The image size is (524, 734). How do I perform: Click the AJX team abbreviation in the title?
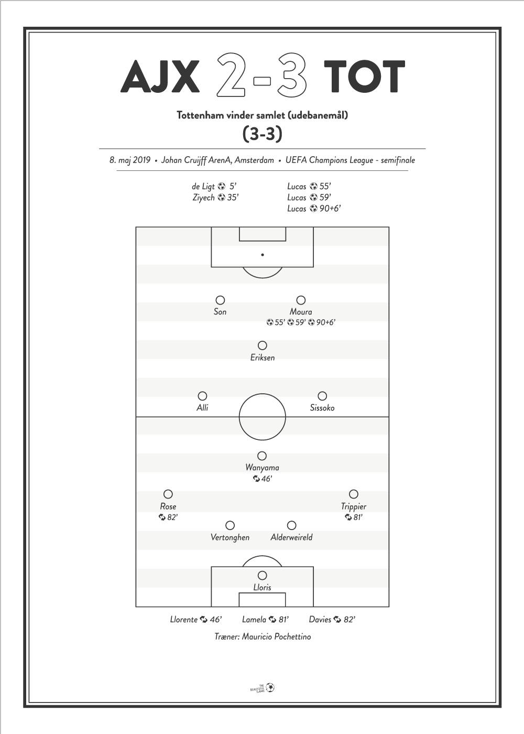(x=160, y=77)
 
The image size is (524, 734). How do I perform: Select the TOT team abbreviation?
(x=364, y=77)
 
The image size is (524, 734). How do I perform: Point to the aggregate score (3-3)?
(x=263, y=134)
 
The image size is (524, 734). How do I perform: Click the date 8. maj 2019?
(x=130, y=160)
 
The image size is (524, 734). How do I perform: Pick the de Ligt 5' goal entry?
(x=214, y=187)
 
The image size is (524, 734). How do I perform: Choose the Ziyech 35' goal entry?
(x=215, y=198)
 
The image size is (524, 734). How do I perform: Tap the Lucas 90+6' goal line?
(x=314, y=209)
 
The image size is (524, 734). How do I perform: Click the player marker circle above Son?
(x=220, y=300)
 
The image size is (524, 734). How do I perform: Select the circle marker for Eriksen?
(x=263, y=346)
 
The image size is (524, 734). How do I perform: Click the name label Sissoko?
(x=322, y=408)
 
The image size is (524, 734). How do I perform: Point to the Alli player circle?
(x=202, y=396)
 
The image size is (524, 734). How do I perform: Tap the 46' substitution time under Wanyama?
(x=263, y=479)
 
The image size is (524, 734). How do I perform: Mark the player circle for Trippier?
(x=353, y=494)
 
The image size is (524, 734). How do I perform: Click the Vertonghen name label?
(x=230, y=537)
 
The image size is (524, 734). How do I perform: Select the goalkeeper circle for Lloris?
(x=263, y=576)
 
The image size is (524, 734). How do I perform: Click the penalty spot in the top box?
(x=263, y=255)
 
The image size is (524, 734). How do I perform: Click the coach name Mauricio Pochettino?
(x=277, y=636)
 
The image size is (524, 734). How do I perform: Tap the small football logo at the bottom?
(x=270, y=687)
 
